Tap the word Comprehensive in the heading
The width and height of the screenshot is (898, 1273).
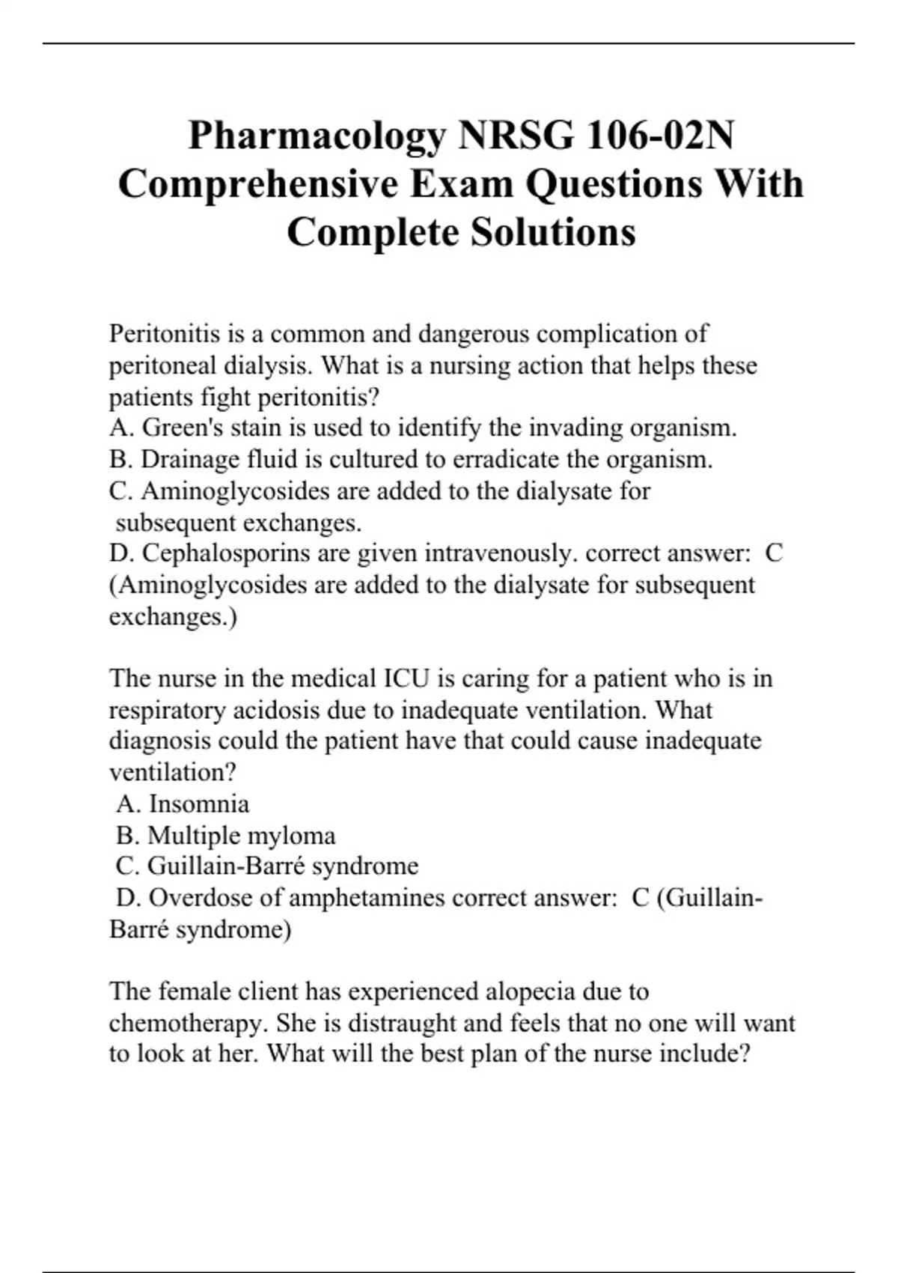coord(258,184)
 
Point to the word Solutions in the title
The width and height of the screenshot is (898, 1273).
coord(553,232)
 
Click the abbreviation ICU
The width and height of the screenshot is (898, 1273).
coord(406,678)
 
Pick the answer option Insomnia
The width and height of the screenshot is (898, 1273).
coord(199,803)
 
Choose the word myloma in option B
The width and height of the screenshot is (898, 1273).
coord(291,835)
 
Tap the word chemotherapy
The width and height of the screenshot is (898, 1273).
coord(188,1023)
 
